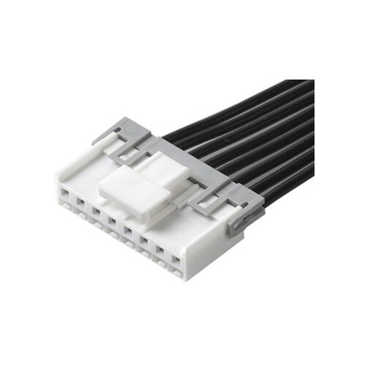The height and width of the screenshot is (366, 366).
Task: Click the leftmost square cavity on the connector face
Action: tap(64, 195)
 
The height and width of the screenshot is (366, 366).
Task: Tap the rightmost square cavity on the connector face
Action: tap(176, 260)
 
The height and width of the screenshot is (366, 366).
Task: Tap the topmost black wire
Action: tap(242, 95)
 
